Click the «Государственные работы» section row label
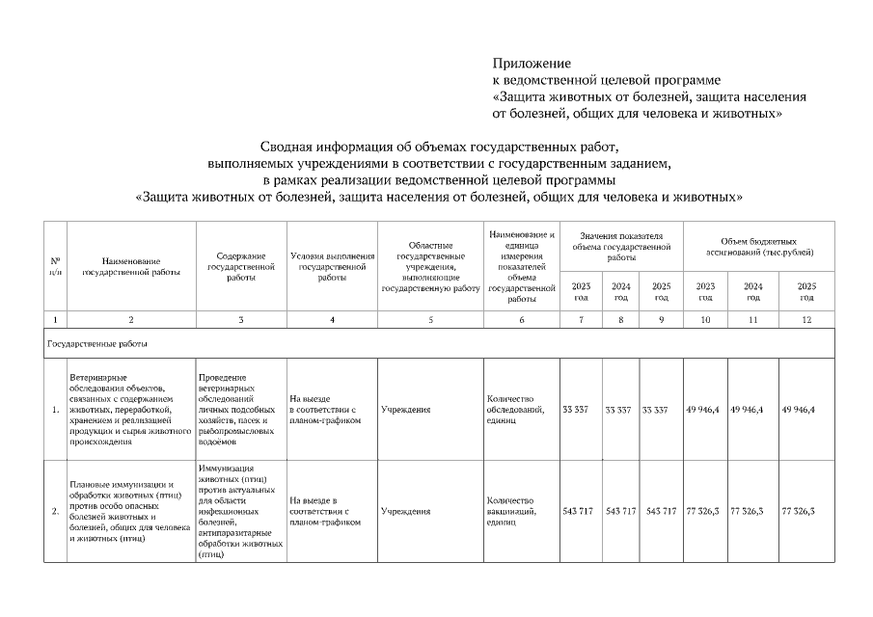pyautogui.click(x=95, y=342)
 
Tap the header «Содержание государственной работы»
pyautogui.click(x=241, y=266)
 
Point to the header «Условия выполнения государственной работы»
pyautogui.click(x=332, y=266)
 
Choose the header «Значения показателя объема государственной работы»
pyautogui.click(x=621, y=246)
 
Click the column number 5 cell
pyautogui.click(x=430, y=319)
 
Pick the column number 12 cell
pyautogui.click(x=805, y=319)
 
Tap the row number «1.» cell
pyautogui.click(x=55, y=410)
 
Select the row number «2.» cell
pyautogui.click(x=55, y=511)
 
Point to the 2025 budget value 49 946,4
pyautogui.click(x=799, y=410)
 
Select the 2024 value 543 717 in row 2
pyautogui.click(x=620, y=511)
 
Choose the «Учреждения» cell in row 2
pyautogui.click(x=405, y=511)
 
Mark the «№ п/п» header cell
pyautogui.click(x=55, y=266)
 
